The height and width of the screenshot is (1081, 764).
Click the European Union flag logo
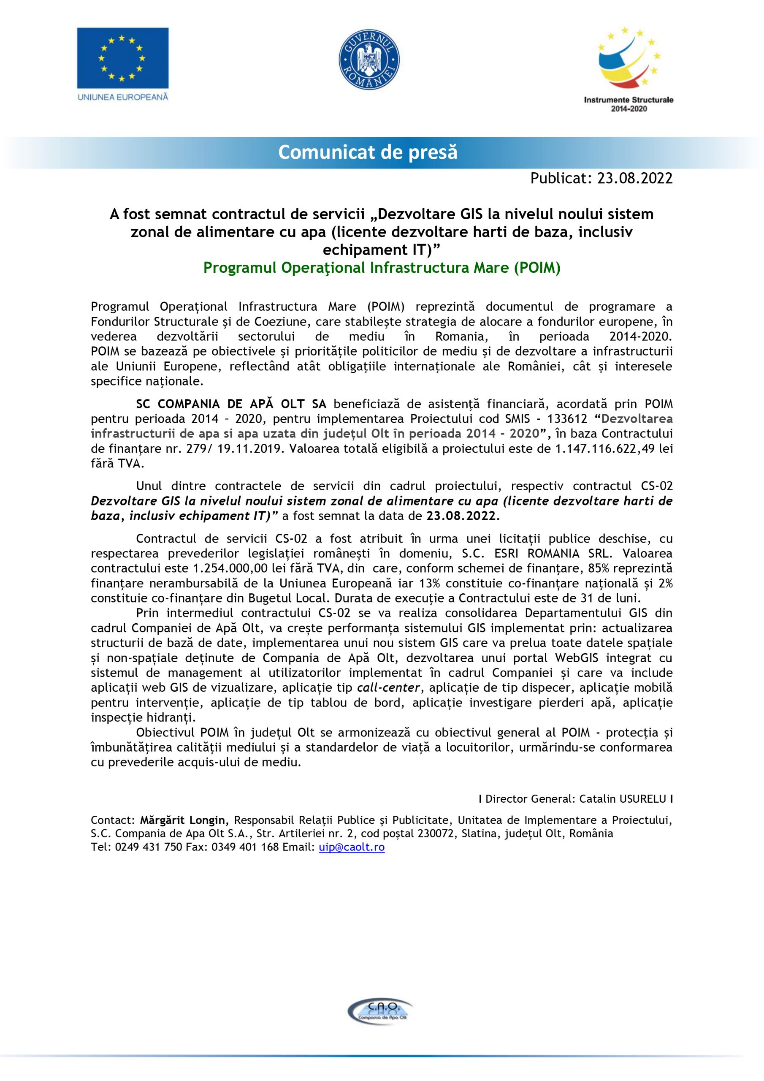point(122,57)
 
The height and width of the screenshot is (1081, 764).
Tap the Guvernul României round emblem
point(369,59)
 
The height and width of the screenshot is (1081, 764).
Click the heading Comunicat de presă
point(368,152)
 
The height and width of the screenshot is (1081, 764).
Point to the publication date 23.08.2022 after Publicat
point(634,178)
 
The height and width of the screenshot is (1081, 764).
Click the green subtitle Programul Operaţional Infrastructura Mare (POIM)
point(382,267)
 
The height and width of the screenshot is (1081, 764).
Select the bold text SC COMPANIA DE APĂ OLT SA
point(234,404)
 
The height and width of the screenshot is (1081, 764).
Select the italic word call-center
point(388,688)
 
